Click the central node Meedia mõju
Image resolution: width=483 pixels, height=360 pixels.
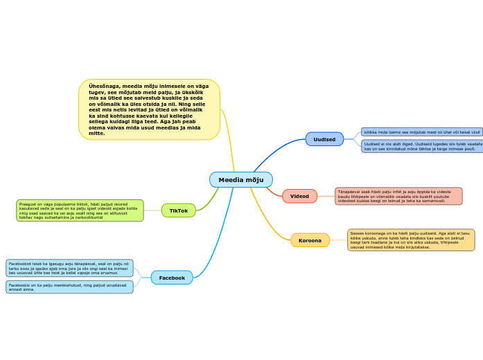coord(241,180)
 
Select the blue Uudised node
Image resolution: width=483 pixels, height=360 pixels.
coord(324,139)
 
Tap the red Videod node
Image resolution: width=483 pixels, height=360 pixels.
coord(299,196)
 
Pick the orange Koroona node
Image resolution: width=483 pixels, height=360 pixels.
coord(310,240)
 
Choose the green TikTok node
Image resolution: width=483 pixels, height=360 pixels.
coord(179,210)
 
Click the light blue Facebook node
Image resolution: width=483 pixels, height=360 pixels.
coord(172,278)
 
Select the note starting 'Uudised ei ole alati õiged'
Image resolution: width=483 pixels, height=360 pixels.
coord(422,146)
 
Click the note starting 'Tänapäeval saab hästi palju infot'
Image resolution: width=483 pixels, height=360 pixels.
coord(398,196)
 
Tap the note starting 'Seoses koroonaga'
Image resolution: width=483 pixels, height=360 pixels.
coord(411,240)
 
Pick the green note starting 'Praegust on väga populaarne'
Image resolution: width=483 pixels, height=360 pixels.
coord(80,210)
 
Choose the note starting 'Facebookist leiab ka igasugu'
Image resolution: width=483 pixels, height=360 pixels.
coord(69,268)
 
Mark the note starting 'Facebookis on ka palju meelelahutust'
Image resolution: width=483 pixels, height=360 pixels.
coord(69,287)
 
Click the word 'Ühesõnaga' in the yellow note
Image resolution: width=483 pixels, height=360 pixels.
coord(102,87)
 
